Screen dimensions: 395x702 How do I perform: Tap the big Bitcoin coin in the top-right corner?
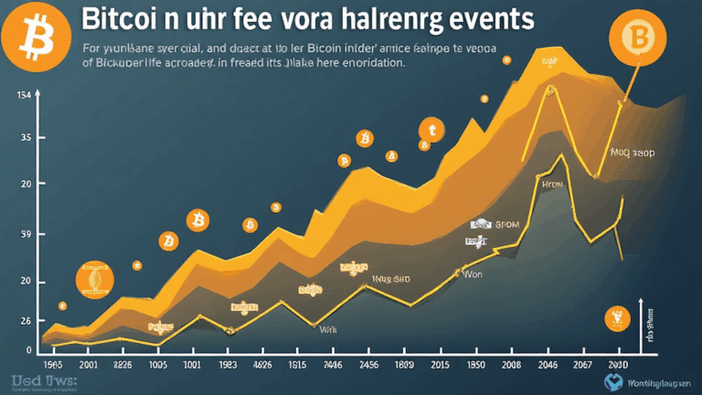point(640,37)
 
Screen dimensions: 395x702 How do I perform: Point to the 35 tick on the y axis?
point(27,137)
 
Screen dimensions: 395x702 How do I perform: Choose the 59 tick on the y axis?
point(27,235)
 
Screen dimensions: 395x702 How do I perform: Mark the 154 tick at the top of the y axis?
point(26,94)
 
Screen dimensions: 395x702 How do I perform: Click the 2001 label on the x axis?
point(90,363)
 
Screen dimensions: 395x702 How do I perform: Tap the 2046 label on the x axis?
point(548,363)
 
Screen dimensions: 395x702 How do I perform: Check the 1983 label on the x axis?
point(229,363)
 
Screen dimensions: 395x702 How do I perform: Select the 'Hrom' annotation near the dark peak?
point(554,184)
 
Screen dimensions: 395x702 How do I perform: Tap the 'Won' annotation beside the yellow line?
point(473,272)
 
